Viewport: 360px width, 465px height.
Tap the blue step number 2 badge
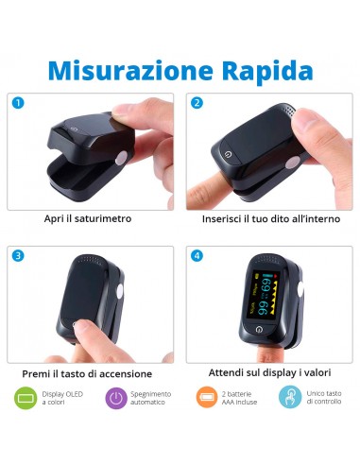pyautogui.click(x=197, y=102)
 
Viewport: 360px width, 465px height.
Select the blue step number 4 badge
pyautogui.click(x=197, y=255)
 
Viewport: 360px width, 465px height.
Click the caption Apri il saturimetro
pyautogui.click(x=88, y=218)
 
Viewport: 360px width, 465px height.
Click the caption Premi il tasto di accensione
pyautogui.click(x=88, y=373)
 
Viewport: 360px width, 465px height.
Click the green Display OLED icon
pyautogui.click(x=26, y=398)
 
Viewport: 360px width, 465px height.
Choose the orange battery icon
pyautogui.click(x=207, y=398)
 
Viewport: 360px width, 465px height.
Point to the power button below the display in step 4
pyautogui.click(x=260, y=329)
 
